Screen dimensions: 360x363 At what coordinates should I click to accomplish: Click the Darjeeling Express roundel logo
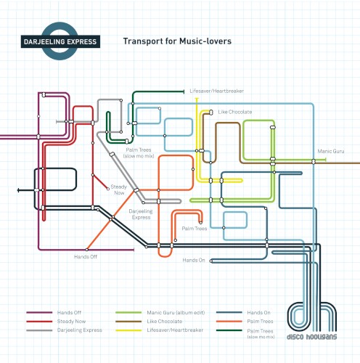(60, 41)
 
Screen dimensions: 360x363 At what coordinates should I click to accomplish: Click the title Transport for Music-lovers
(177, 41)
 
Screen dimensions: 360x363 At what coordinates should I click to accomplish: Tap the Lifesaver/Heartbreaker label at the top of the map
(217, 91)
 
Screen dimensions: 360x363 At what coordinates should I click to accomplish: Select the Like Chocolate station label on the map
(235, 112)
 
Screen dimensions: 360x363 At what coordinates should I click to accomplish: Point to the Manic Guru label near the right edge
(331, 151)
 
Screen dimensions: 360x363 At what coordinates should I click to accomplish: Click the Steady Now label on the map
(119, 189)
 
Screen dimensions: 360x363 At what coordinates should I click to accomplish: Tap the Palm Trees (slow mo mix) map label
(139, 153)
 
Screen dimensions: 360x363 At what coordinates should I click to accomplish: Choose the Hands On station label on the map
(194, 260)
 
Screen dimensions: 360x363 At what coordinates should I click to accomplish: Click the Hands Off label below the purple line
(86, 257)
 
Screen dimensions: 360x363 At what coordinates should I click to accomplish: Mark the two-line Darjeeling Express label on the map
(141, 214)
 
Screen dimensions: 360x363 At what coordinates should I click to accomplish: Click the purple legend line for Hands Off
(39, 312)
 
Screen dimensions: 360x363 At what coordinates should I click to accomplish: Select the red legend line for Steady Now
(39, 322)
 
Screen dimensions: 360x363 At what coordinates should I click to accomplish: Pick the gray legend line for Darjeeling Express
(39, 330)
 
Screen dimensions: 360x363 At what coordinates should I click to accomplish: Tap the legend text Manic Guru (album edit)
(176, 313)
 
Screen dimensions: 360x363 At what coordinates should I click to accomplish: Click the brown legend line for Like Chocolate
(128, 322)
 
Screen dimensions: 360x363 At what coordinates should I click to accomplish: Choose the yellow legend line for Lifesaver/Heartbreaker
(128, 330)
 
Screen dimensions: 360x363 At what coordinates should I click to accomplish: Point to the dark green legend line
(229, 330)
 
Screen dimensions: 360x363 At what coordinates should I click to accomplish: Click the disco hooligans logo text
(311, 337)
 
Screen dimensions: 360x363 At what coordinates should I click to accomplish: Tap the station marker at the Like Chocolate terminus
(211, 112)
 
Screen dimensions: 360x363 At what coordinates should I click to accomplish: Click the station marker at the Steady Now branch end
(108, 189)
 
